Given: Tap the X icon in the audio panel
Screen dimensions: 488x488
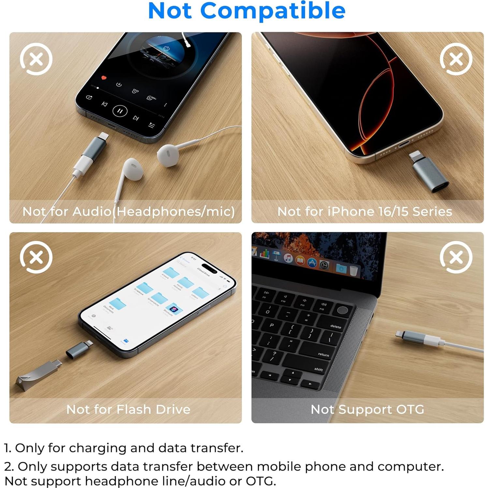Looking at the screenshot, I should click(36, 59).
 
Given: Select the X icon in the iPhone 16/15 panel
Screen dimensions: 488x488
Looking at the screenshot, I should click(456, 59).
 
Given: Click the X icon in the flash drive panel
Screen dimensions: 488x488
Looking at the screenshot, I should click(36, 258).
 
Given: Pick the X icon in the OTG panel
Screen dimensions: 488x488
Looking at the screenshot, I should click(456, 258).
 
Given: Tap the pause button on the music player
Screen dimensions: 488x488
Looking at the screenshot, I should click(120, 111).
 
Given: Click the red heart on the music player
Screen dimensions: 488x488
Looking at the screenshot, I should click(104, 78).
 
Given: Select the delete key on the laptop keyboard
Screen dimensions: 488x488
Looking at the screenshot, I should click(335, 326).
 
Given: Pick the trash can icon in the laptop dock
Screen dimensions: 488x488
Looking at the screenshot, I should click(353, 271).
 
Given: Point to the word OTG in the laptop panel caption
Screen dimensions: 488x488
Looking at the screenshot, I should click(410, 409).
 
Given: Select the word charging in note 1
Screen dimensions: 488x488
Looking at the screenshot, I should click(97, 448).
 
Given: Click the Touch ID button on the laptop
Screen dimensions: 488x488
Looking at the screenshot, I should click(342, 310).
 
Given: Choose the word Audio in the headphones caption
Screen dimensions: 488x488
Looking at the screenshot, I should click(92, 212).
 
